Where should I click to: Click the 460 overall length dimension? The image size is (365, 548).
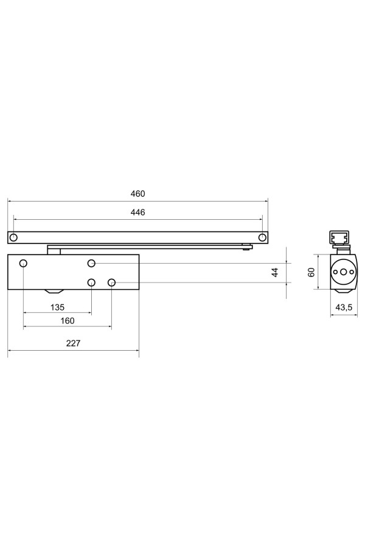tap(137, 194)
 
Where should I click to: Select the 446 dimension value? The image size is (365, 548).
tap(137, 212)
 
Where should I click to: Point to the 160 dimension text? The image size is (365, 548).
tap(67, 321)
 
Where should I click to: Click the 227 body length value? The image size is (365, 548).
tap(73, 343)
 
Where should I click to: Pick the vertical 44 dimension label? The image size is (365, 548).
tap(275, 272)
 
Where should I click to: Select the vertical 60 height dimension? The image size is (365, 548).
tap(311, 272)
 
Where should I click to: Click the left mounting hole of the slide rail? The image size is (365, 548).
tap(14, 237)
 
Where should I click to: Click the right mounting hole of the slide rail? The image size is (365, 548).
tap(262, 237)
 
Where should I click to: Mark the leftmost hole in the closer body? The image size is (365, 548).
tap(24, 263)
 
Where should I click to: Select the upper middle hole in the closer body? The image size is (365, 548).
tap(91, 263)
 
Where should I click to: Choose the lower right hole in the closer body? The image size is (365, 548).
tap(112, 283)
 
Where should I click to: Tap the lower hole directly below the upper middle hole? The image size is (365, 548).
tap(91, 283)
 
